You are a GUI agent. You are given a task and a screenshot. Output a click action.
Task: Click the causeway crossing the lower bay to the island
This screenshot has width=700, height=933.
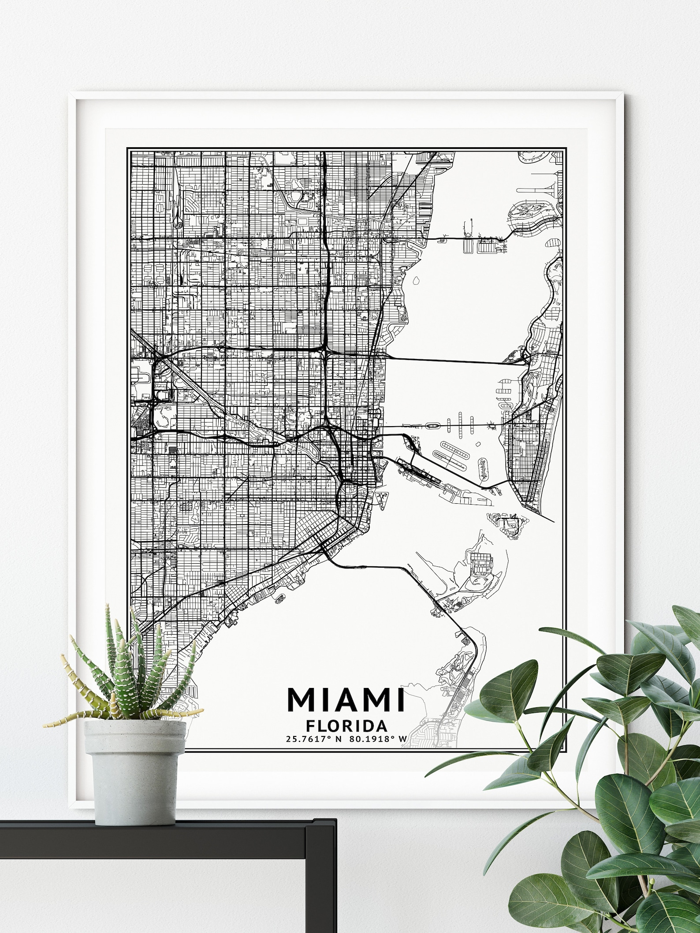click(388, 567)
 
